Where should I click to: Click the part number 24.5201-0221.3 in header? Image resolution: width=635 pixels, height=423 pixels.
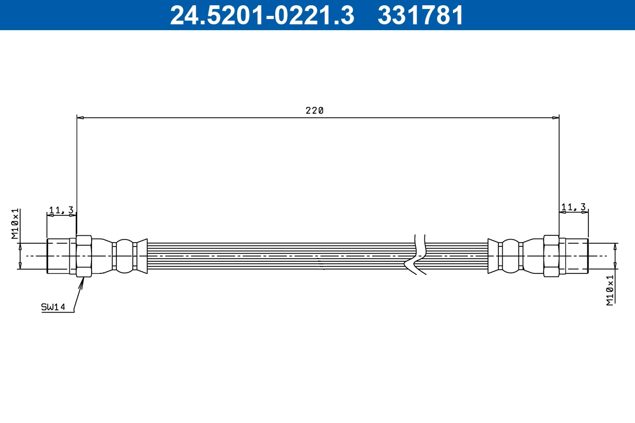coord(262,15)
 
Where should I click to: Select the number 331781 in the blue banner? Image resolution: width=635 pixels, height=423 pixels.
coord(420,15)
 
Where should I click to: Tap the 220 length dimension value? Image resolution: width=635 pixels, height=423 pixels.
coord(314,111)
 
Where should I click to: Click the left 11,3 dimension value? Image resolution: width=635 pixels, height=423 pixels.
coord(61,210)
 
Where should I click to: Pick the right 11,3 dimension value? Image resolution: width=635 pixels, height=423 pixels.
coord(574,207)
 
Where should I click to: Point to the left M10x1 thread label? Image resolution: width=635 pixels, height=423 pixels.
coord(16,224)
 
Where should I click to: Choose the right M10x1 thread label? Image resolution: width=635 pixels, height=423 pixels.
coord(610,290)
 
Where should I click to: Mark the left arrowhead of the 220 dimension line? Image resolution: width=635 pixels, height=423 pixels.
coord(80,117)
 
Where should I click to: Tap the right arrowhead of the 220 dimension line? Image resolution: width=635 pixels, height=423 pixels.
coord(556,117)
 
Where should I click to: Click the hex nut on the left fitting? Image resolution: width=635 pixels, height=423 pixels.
coord(84,256)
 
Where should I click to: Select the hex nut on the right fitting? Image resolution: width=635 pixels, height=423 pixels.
coord(551,256)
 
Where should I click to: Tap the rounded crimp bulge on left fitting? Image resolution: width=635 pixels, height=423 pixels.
coord(124,256)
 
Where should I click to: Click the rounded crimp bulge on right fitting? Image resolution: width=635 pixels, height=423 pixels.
coord(510,256)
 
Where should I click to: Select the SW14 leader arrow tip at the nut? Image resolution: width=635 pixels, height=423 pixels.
coord(83,280)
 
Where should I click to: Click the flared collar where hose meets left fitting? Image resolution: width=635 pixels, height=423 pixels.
coord(141,256)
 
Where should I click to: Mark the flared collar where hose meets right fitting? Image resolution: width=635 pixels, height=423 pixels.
coord(493,256)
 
